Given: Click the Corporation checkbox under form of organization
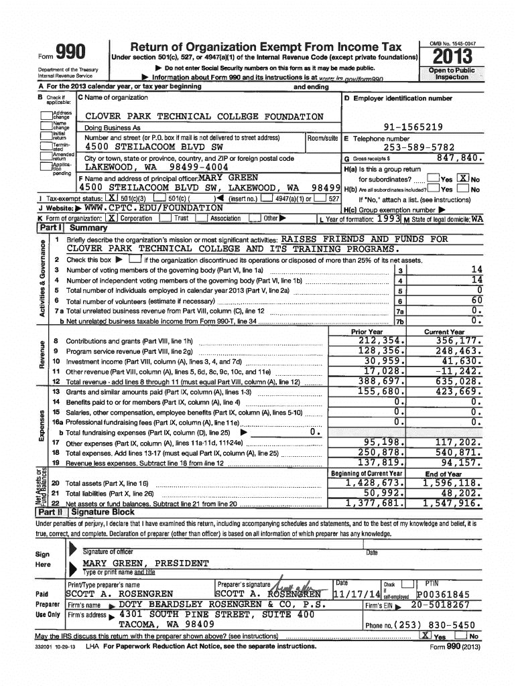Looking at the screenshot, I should click(x=112, y=218).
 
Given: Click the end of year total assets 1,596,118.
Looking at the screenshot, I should click(x=450, y=483).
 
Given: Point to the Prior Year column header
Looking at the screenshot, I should click(x=367, y=332).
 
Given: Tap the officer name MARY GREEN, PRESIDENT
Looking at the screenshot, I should click(x=145, y=563).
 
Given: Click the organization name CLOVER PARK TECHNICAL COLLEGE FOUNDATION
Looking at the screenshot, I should click(x=204, y=117).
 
